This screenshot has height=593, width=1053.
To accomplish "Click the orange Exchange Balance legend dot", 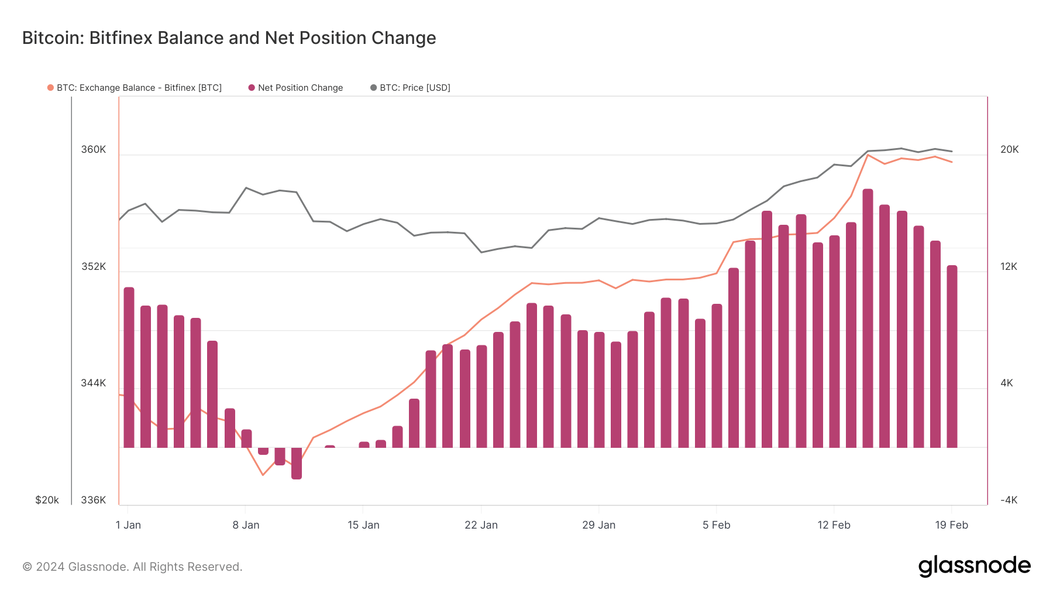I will coord(51,88).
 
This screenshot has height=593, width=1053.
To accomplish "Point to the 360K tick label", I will coord(94,150).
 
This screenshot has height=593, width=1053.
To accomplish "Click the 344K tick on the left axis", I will coord(94,383).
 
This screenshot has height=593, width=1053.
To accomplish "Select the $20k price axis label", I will coord(47,501).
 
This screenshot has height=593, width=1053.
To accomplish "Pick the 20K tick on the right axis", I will coord(1009,150).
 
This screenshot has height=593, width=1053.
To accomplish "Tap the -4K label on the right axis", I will coord(1009,501).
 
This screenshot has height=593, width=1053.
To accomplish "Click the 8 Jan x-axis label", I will coord(246,525).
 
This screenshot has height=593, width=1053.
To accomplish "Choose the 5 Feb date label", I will coord(716,525).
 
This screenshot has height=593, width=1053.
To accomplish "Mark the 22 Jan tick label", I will coord(481,525).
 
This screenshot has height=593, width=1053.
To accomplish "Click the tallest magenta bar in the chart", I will coord(868,316).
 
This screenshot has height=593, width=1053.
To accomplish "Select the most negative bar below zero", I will coord(297,464).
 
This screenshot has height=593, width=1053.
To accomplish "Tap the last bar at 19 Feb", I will coord(952,357).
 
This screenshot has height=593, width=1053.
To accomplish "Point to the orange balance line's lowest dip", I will coord(263,475).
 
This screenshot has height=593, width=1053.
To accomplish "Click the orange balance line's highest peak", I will coord(868,155).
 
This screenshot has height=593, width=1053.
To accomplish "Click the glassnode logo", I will coord(974,566).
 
